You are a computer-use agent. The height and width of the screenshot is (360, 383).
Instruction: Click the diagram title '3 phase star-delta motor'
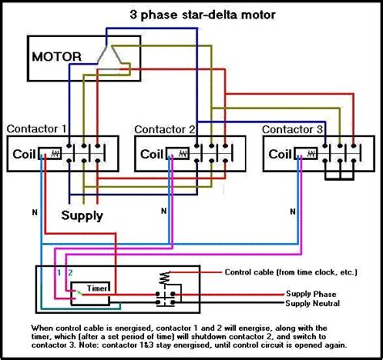(x=191, y=15)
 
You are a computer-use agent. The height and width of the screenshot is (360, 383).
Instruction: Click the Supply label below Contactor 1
(x=82, y=216)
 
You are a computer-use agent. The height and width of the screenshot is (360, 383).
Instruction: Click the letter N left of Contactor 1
(x=34, y=211)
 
